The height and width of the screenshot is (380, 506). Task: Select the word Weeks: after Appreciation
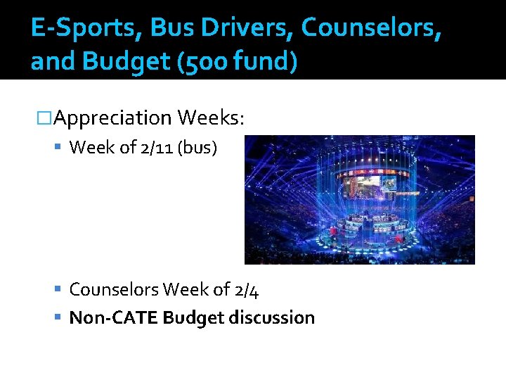pyautogui.click(x=211, y=118)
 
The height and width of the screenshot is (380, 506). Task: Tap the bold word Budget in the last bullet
pyautogui.click(x=190, y=317)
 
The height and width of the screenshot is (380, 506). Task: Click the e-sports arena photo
pyautogui.click(x=359, y=200)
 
